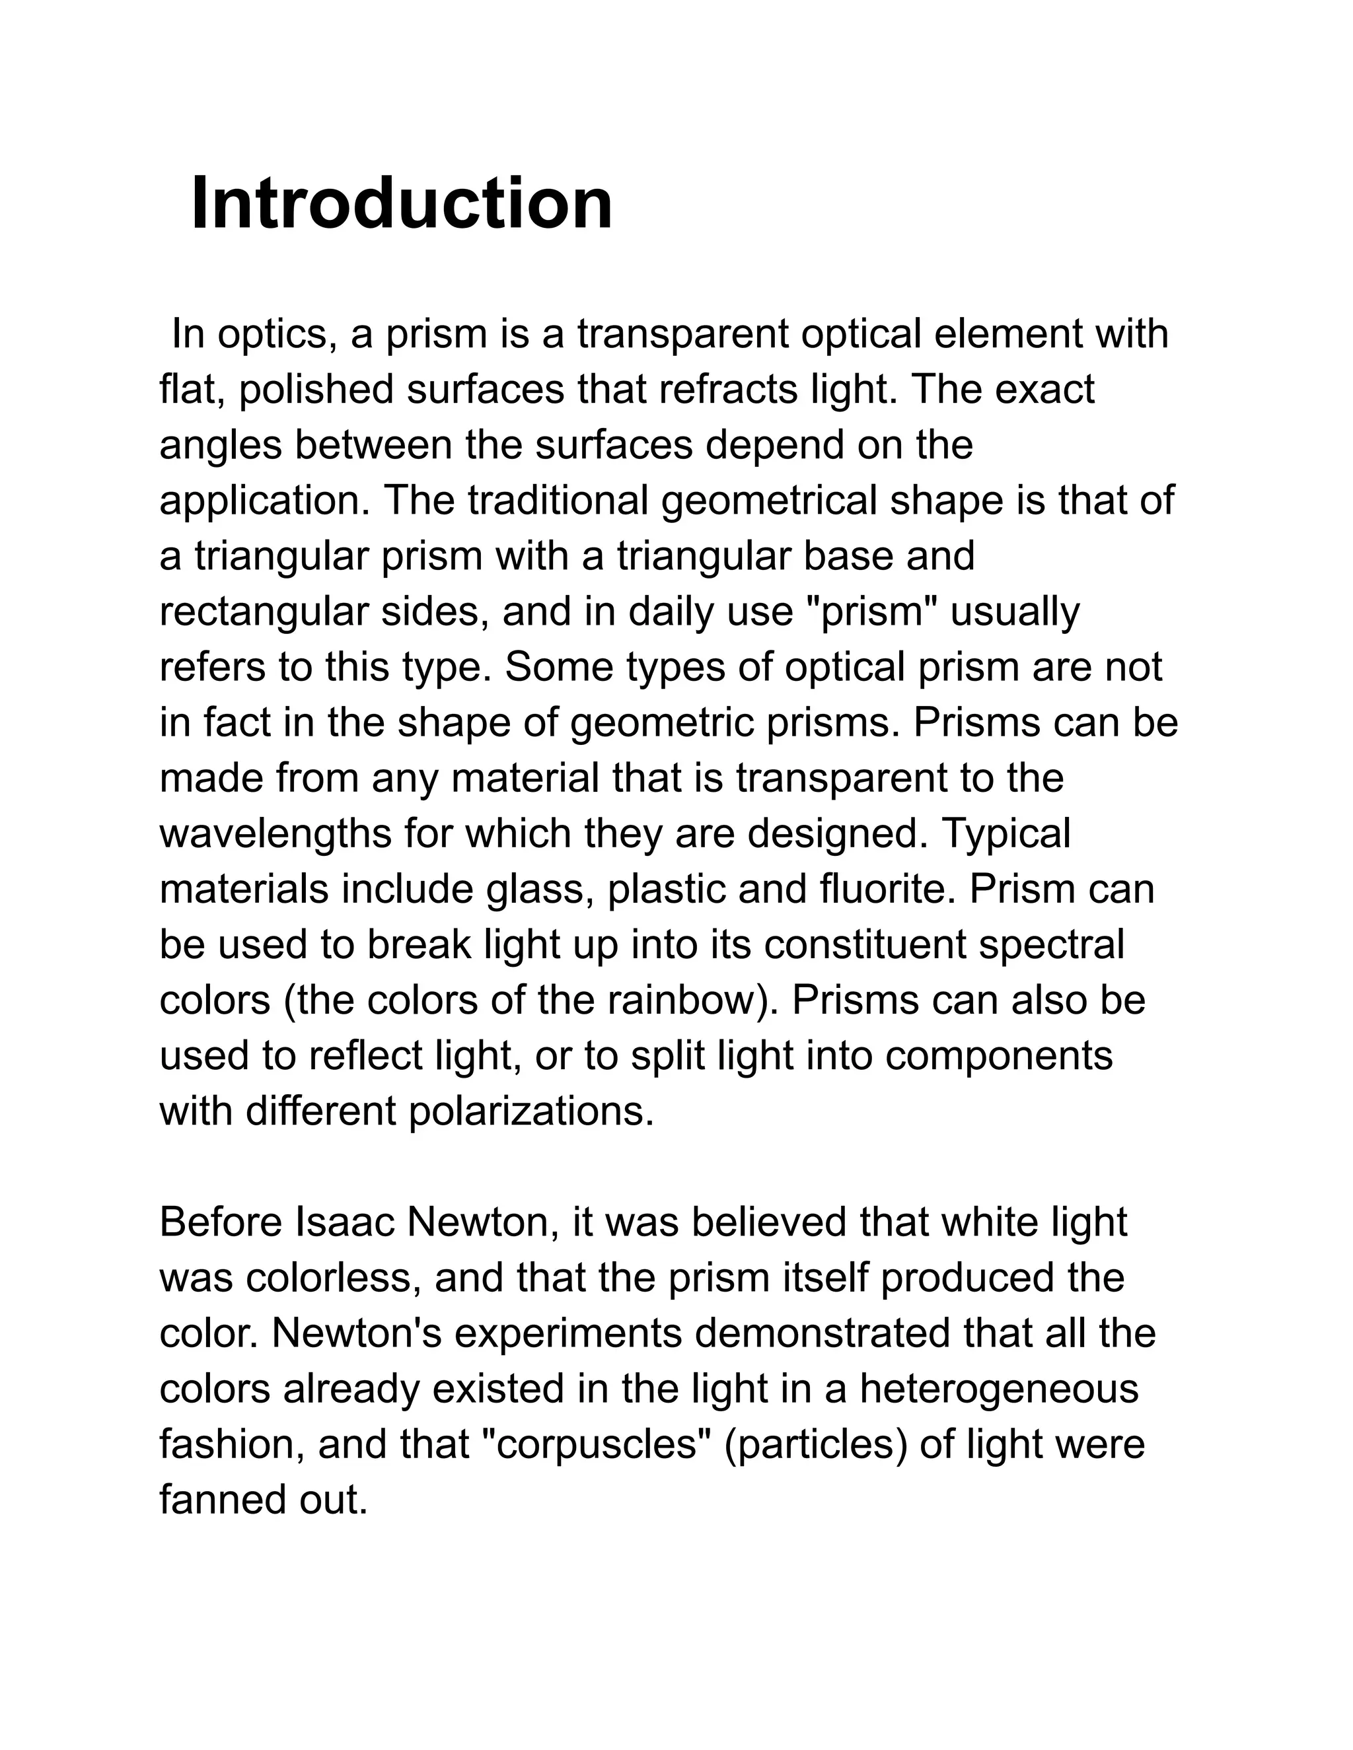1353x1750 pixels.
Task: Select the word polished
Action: click(316, 390)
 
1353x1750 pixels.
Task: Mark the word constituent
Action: click(865, 945)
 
